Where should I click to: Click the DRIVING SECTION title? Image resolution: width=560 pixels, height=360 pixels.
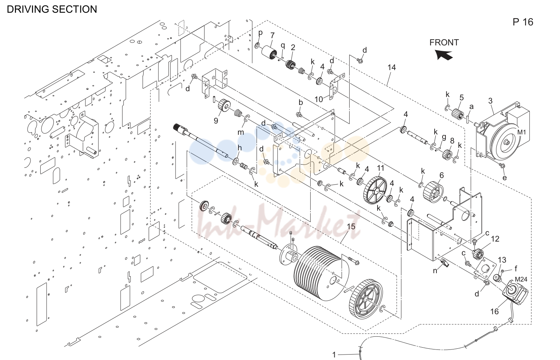tap(52, 9)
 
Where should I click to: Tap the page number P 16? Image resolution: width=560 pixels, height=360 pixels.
tap(523, 22)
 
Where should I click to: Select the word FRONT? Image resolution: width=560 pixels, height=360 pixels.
tap(444, 43)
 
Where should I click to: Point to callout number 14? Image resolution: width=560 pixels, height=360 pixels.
tap(391, 68)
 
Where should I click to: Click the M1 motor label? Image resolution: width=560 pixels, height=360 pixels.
tap(521, 132)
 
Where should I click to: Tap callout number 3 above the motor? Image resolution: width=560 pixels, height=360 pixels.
tap(490, 101)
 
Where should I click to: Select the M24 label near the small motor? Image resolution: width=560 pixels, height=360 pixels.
tap(521, 279)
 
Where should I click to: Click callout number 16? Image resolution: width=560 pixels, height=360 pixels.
tap(494, 312)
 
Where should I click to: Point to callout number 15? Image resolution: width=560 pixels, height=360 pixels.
tap(351, 227)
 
